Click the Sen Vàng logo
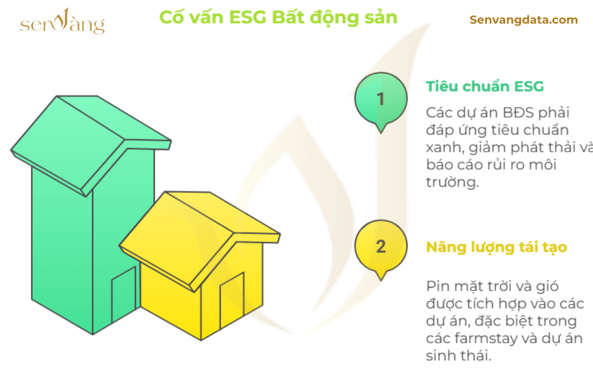[x=63, y=21]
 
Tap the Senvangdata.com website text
[x=524, y=20]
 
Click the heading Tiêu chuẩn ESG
[x=485, y=87]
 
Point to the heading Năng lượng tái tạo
[x=497, y=248]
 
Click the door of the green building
[x=124, y=294]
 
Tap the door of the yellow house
[x=232, y=300]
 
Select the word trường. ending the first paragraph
[x=453, y=182]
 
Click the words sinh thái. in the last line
[x=459, y=356]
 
